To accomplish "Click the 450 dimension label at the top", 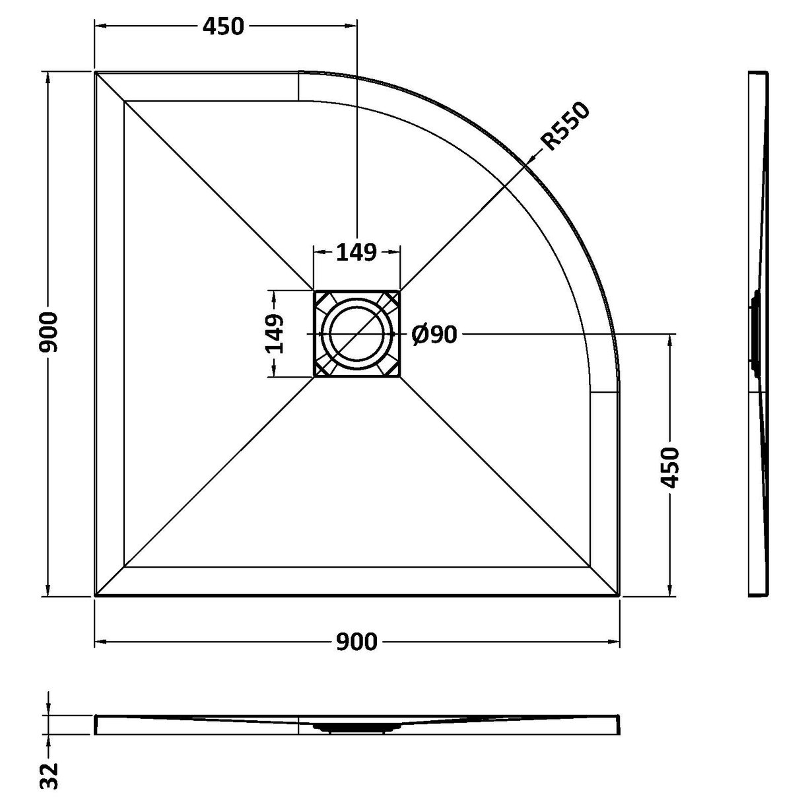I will [223, 26].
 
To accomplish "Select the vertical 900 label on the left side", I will [51, 333].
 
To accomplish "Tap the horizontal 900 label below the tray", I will [356, 642].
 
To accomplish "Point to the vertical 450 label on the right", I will [670, 467].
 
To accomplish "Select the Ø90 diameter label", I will [434, 335].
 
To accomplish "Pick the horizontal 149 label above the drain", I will [356, 252].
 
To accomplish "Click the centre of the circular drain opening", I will [356, 334].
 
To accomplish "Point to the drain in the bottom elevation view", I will [356, 728].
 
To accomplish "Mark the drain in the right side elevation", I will [753, 333].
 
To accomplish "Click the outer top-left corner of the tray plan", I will [96, 72].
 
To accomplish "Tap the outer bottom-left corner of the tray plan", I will [96, 595].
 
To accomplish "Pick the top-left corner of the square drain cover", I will [314, 291].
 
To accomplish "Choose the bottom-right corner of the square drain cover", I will [399, 377].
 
